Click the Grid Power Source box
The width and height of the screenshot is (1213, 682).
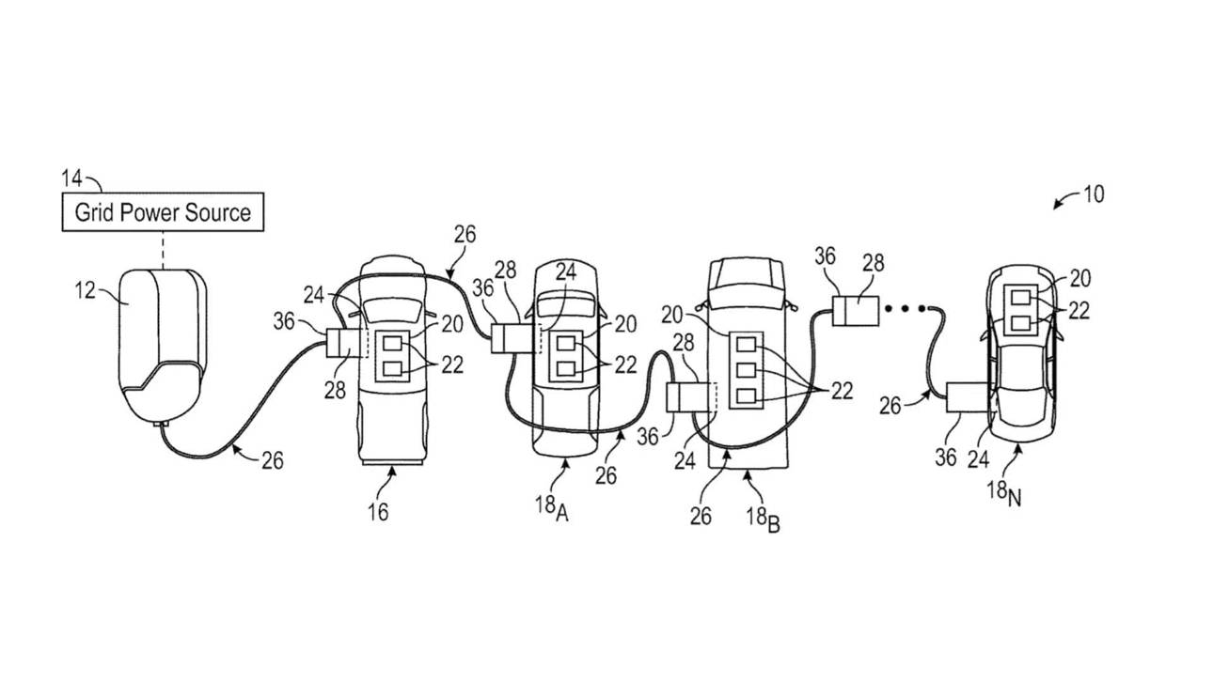tap(163, 212)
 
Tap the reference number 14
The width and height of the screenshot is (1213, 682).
tap(72, 177)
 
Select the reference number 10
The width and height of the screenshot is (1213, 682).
tap(1093, 194)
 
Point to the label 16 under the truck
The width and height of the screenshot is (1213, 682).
tap(377, 511)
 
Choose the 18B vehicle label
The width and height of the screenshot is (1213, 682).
tap(759, 519)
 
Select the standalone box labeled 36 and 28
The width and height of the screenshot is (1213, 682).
tap(856, 310)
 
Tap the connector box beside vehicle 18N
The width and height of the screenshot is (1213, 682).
tap(966, 398)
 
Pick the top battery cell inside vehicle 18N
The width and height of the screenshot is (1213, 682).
tap(1020, 299)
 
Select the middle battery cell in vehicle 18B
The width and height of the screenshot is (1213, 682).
tap(748, 369)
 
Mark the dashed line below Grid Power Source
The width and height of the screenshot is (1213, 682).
tap(163, 248)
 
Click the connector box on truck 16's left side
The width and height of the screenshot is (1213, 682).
tap(339, 343)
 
